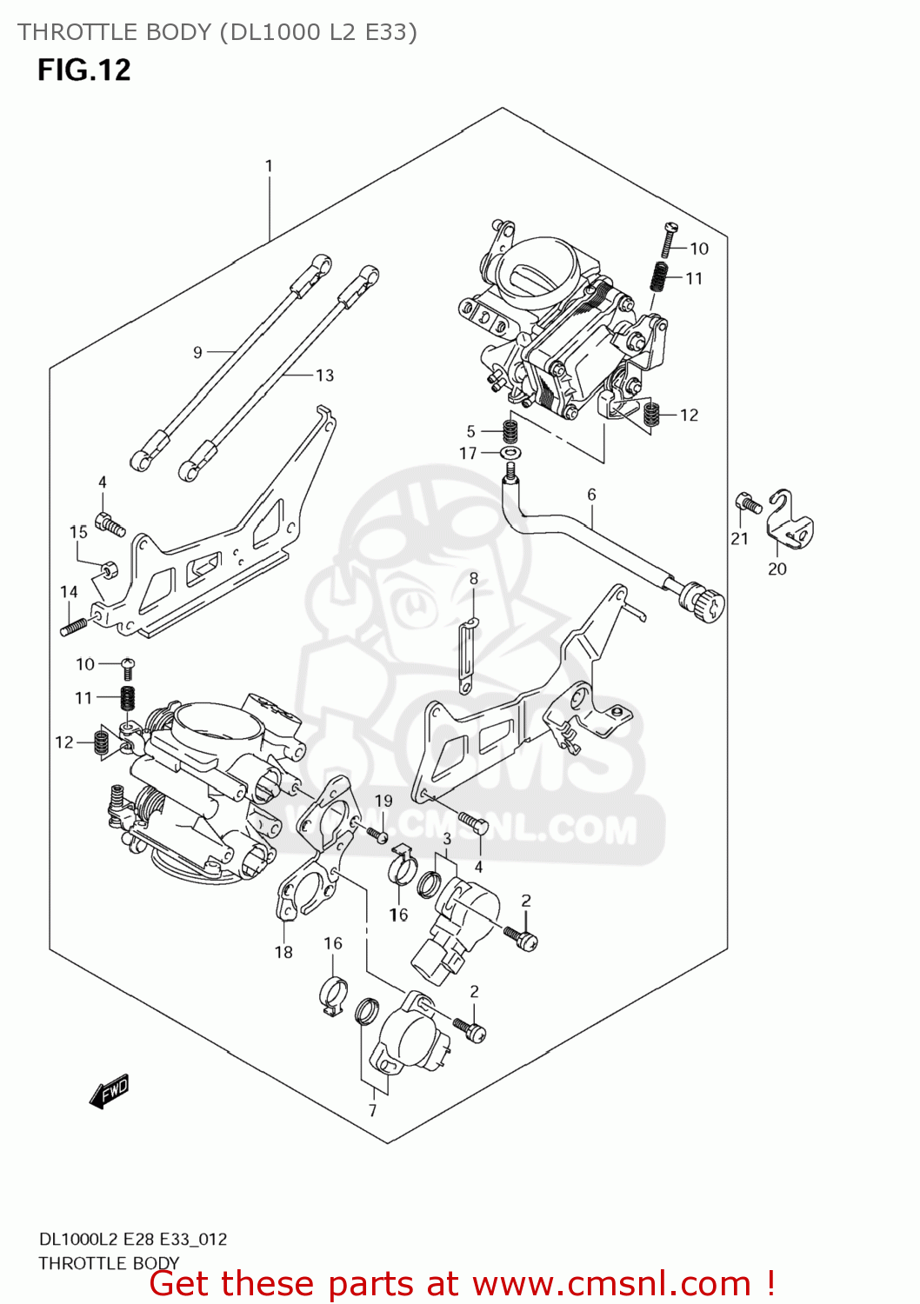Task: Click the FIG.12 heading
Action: click(83, 70)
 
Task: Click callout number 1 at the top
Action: click(269, 165)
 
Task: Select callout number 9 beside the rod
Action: click(197, 352)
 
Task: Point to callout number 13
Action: click(324, 376)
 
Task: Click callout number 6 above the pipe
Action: click(591, 495)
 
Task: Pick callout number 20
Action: click(777, 569)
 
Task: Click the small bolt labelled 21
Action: click(747, 502)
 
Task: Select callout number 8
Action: click(474, 578)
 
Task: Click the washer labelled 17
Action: click(511, 453)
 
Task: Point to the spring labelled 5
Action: click(510, 430)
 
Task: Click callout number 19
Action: click(383, 801)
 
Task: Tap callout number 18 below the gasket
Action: click(283, 952)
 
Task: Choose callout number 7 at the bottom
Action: click(372, 1110)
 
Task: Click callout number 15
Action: click(78, 531)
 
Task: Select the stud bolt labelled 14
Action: click(73, 626)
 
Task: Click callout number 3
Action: click(447, 839)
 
